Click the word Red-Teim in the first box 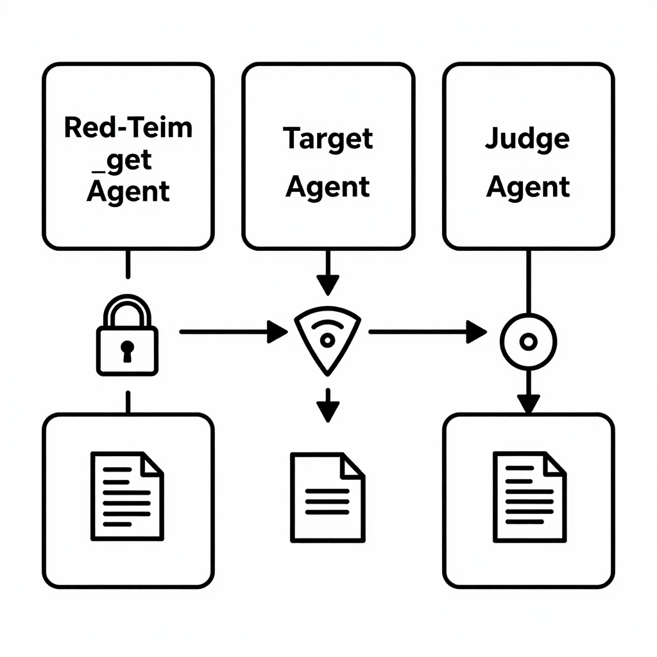128,128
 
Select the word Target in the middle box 328,138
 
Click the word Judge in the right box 527,138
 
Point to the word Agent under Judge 527,187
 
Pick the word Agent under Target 328,187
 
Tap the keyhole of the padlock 127,350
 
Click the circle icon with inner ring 527,341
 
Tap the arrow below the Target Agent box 328,272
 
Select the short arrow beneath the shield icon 328,404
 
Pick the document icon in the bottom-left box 127,495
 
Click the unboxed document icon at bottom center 327,497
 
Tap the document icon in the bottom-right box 529,495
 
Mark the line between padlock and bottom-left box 128,402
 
